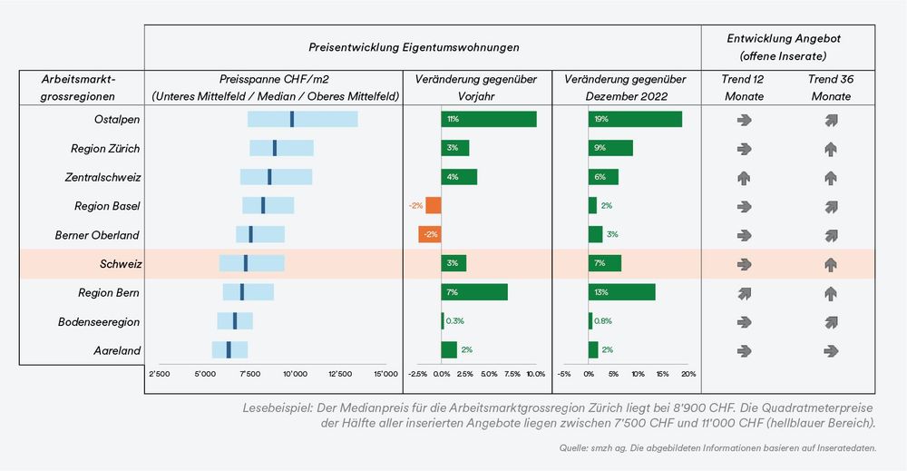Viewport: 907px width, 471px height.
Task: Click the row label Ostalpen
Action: coord(116,120)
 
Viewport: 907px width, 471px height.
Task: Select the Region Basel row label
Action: coord(106,206)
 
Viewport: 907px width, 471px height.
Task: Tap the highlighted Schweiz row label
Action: coord(119,264)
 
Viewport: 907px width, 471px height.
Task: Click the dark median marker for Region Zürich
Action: coord(275,148)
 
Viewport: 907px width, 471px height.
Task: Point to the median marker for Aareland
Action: coord(229,350)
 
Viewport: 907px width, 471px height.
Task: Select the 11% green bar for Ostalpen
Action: coord(489,119)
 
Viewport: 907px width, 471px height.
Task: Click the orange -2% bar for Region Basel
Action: coord(434,205)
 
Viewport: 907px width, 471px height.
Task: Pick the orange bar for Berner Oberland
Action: coord(430,234)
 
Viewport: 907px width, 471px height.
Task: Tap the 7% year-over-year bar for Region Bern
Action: coord(474,292)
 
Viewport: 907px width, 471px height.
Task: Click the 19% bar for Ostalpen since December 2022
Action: coord(635,119)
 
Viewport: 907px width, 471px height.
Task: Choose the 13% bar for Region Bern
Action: coord(621,292)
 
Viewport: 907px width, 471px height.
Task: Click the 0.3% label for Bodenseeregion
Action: coord(455,321)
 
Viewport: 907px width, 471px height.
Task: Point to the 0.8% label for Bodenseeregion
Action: coord(603,321)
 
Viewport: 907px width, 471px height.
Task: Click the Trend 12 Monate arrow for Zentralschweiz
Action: coord(744,177)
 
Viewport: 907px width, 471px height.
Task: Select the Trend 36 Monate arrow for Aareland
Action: coord(831,350)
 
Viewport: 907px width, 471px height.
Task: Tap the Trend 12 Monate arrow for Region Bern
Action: coord(744,293)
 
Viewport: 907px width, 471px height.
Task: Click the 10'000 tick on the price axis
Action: coord(295,373)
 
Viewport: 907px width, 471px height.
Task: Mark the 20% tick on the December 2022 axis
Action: coord(688,373)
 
